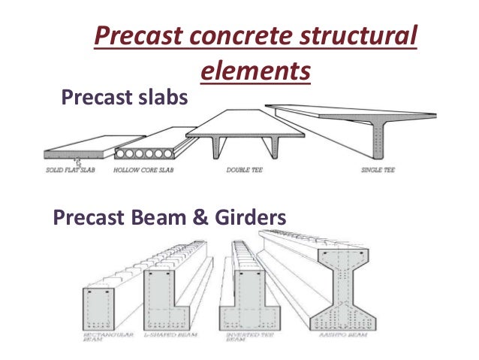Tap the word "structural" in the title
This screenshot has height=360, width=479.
359,38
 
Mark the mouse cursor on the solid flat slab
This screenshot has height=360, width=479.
77,160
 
